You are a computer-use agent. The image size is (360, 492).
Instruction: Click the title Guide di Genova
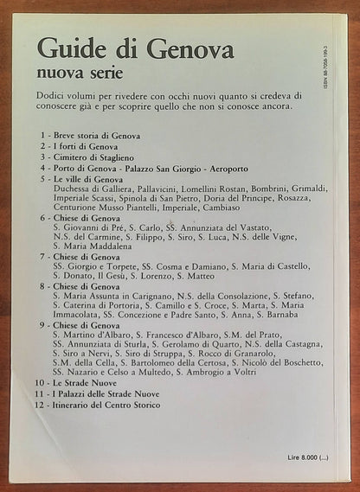coord(136,48)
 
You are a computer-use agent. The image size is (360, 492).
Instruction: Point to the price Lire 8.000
coord(311,457)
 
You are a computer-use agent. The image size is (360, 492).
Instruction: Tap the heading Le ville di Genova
coord(93,178)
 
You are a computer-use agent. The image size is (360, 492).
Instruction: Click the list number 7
coord(41,258)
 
